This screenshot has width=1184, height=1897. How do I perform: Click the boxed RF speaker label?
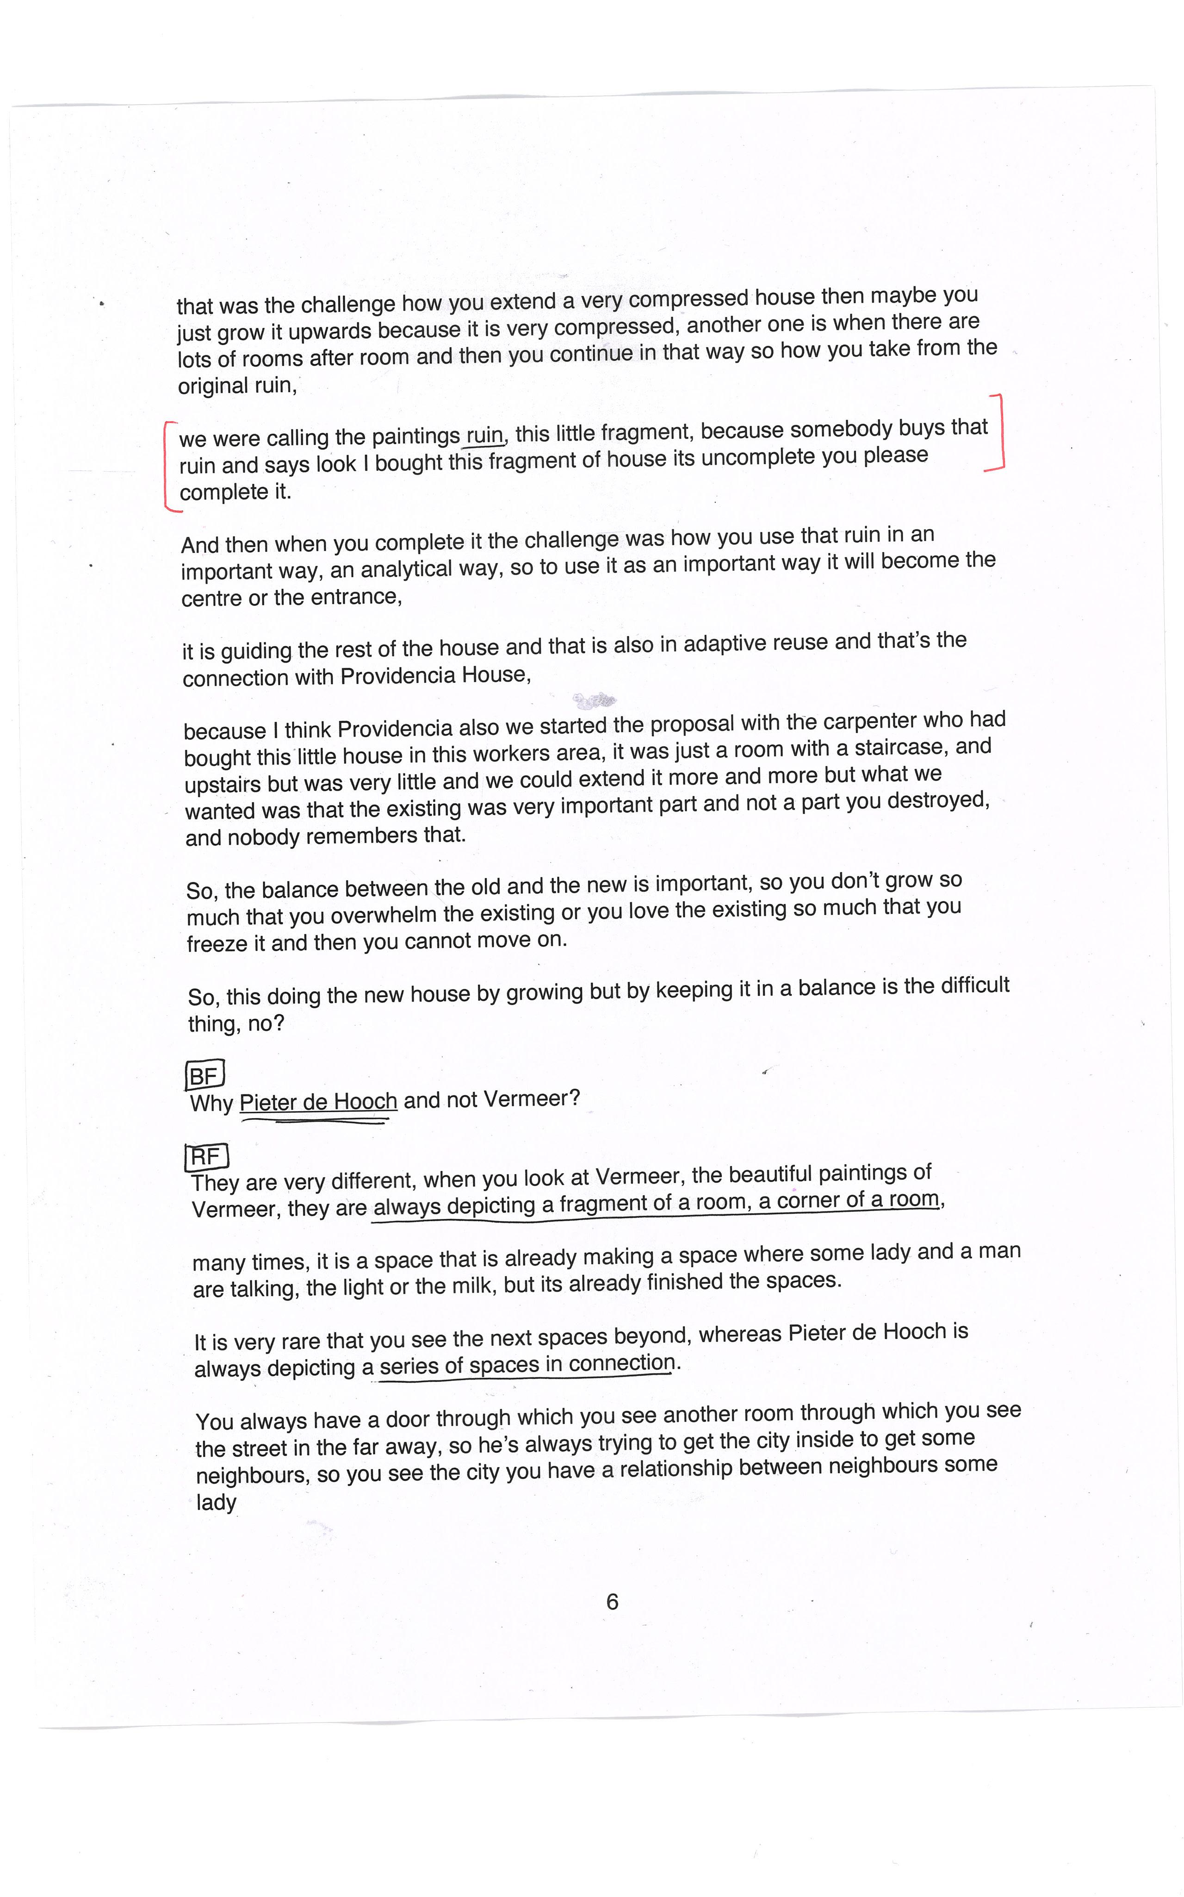[206, 1156]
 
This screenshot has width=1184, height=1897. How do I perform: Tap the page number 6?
[613, 1602]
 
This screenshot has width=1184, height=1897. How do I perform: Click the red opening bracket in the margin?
[168, 466]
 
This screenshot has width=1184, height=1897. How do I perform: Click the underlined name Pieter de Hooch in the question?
[318, 1102]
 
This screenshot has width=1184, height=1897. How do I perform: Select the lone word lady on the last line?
[216, 1502]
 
